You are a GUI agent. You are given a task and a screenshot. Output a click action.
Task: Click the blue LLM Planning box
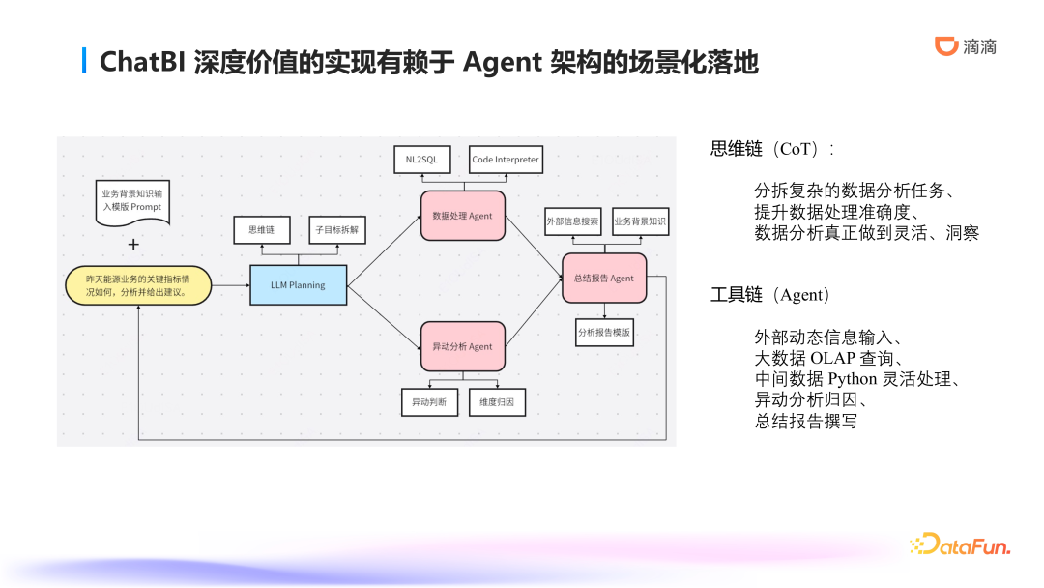[x=298, y=285]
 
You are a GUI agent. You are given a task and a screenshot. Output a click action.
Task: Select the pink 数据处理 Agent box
[x=462, y=216]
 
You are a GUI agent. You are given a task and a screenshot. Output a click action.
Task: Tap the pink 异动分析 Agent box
[x=462, y=346]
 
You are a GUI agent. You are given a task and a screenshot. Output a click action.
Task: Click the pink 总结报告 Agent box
[x=603, y=278]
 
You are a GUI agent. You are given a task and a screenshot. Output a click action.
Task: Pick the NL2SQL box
[x=421, y=160]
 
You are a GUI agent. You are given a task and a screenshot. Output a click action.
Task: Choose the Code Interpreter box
[x=505, y=160]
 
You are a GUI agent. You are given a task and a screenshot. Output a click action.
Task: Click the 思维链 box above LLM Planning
[x=262, y=230]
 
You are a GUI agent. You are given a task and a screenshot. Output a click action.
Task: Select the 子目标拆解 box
[x=337, y=230]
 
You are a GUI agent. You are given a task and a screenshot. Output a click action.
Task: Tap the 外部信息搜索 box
[x=572, y=221]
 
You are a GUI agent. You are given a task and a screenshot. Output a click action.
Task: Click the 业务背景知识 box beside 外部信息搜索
[x=639, y=221]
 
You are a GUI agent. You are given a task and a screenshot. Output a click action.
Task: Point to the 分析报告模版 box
[x=604, y=332]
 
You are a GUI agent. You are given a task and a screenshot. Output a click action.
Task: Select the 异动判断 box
[x=429, y=401]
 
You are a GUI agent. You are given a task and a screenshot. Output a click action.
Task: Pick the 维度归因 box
[x=497, y=401]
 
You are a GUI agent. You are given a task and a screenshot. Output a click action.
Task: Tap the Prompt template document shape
[x=132, y=201]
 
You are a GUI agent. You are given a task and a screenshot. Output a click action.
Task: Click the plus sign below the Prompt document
[x=133, y=245]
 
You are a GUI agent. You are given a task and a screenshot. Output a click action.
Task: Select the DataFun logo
[x=960, y=545]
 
